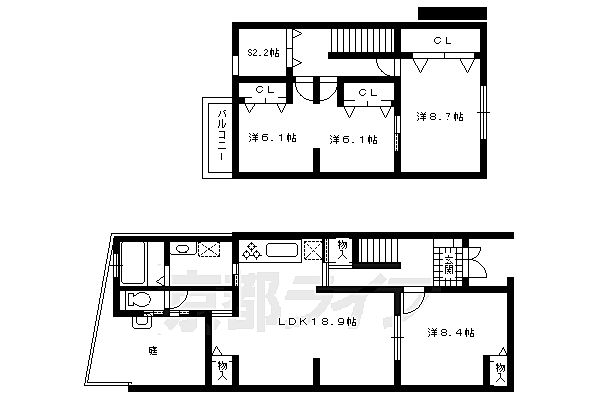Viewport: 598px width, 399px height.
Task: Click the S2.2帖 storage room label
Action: click(263, 52)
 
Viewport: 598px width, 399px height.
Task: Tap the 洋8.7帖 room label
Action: click(440, 117)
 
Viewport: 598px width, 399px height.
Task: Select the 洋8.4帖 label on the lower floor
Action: click(450, 332)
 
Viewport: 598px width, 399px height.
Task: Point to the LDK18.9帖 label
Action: click(317, 322)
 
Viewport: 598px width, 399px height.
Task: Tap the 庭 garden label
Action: click(152, 350)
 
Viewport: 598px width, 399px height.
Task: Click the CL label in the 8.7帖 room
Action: click(443, 40)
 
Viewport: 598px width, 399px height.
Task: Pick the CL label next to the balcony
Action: click(264, 91)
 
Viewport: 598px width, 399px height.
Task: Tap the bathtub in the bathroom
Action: click(133, 266)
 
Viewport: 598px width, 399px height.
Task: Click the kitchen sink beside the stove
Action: click(281, 251)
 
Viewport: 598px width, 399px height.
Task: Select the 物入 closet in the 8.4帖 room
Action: click(498, 370)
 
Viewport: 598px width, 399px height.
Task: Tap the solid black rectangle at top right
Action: click(452, 12)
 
